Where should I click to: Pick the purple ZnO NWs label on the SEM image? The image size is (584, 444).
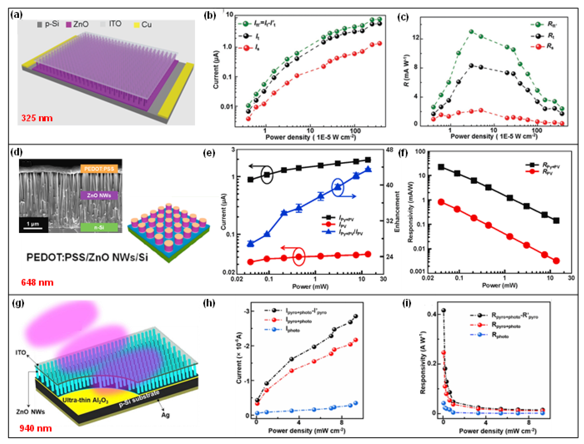99,195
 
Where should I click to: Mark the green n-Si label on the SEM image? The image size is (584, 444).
99,227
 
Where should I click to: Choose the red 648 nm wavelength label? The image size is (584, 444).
37,283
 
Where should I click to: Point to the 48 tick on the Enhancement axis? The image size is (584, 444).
390,150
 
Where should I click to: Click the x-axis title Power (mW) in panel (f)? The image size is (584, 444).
500,285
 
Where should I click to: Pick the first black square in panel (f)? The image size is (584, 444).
441,167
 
